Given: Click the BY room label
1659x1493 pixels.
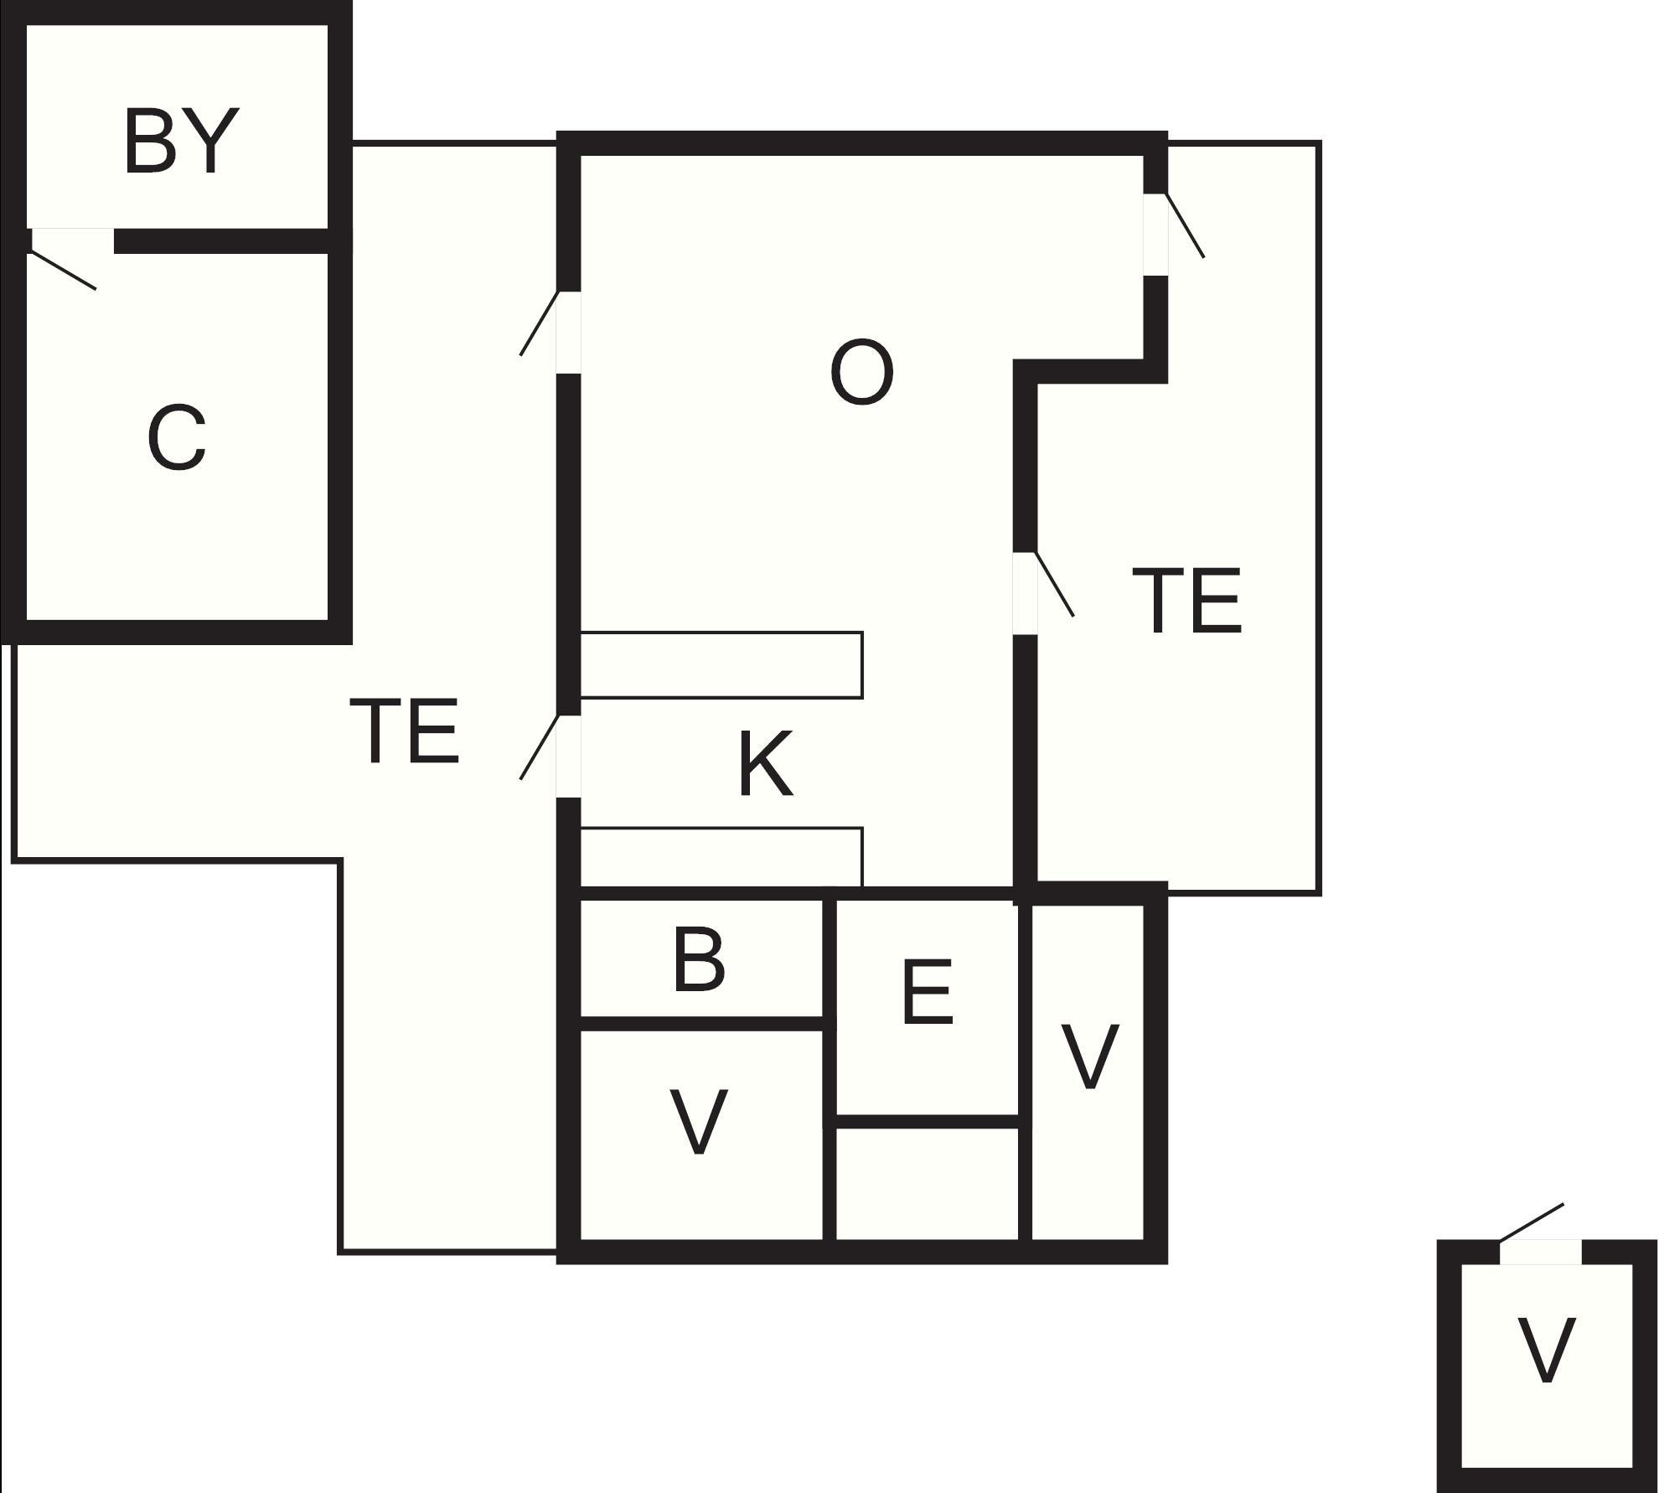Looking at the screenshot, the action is pos(181,142).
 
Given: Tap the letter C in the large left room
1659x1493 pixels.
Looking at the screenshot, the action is pos(177,437).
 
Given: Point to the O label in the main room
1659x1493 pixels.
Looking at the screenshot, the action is pos(861,373).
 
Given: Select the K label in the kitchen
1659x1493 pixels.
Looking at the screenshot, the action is pos(765,763).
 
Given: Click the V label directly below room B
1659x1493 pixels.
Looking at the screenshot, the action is pos(699,1122).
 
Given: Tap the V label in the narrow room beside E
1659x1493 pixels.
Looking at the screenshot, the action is pos(1089,1056).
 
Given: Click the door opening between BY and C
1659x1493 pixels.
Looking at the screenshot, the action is pos(72,240).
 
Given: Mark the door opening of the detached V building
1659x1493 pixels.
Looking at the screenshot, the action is pos(1540,1252).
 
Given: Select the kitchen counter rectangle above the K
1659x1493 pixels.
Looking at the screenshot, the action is pos(721,664).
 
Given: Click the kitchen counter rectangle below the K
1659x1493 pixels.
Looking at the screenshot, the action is pos(721,857).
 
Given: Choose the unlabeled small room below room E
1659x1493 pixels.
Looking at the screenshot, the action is pos(928,1183).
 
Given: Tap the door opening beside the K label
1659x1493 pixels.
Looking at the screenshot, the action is pos(568,756).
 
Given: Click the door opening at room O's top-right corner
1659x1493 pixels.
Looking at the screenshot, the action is pos(1155,235).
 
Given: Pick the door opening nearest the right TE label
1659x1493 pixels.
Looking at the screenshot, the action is pos(1026,593).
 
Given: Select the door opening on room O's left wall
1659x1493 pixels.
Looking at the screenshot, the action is pos(568,333).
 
